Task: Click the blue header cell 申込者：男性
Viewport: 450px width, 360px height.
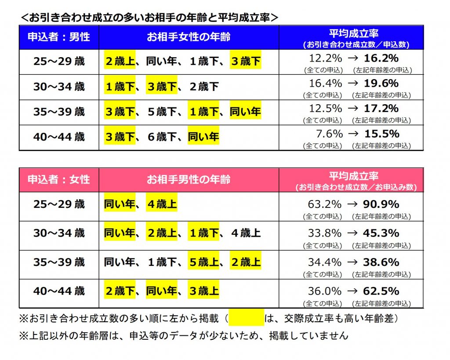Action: [x=59, y=37]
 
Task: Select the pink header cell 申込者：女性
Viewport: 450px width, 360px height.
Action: [x=59, y=179]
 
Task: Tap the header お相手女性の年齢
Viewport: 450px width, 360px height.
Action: [x=189, y=37]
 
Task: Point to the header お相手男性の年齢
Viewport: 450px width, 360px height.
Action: [x=189, y=179]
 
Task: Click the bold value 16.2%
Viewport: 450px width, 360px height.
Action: [x=381, y=58]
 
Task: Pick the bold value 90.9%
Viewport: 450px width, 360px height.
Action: [x=381, y=204]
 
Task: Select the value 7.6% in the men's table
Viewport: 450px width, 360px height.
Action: [x=329, y=134]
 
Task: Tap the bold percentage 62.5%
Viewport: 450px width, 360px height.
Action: [x=381, y=291]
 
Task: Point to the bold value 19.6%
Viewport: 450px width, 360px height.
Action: [x=381, y=84]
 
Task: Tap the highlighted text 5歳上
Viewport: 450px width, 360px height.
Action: [x=203, y=262]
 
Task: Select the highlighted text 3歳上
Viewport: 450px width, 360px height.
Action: [x=203, y=291]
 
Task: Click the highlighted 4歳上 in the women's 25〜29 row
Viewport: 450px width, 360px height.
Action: [x=162, y=204]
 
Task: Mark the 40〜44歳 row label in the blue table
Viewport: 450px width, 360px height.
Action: [x=59, y=137]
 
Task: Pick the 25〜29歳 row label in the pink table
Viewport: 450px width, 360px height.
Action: [x=59, y=204]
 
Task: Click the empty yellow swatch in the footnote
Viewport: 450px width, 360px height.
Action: [x=246, y=318]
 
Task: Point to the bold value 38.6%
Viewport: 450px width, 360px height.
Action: [x=381, y=262]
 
